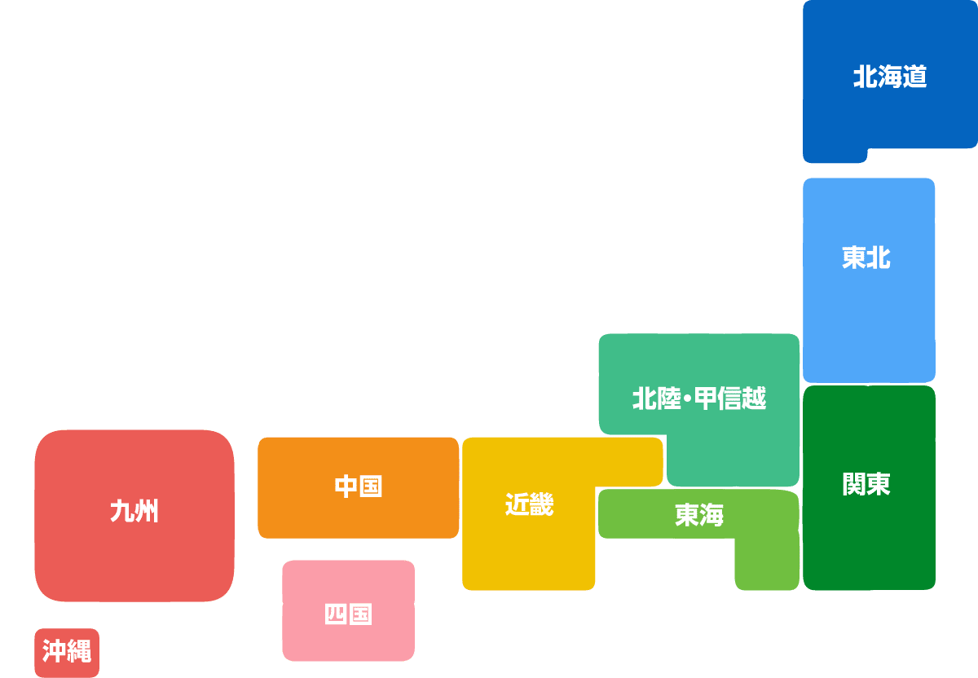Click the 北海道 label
coord(890,77)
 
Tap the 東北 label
coord(866,258)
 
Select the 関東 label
coord(866,484)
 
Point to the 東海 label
coord(699,515)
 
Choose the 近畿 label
coord(529,504)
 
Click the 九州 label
coord(134,511)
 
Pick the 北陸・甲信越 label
coord(699,398)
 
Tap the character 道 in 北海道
coord(914,77)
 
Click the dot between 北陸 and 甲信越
coord(688,398)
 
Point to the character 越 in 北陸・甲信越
coord(754,398)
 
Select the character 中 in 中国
coord(346,486)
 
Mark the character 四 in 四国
coord(336,614)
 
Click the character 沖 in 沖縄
coord(54,650)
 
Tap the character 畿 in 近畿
coord(542,504)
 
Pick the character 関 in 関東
coord(854,484)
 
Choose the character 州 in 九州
coord(147,511)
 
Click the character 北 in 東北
coord(879,258)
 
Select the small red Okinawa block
coord(67,653)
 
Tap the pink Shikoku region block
coord(349,610)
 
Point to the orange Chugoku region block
coord(358,487)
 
